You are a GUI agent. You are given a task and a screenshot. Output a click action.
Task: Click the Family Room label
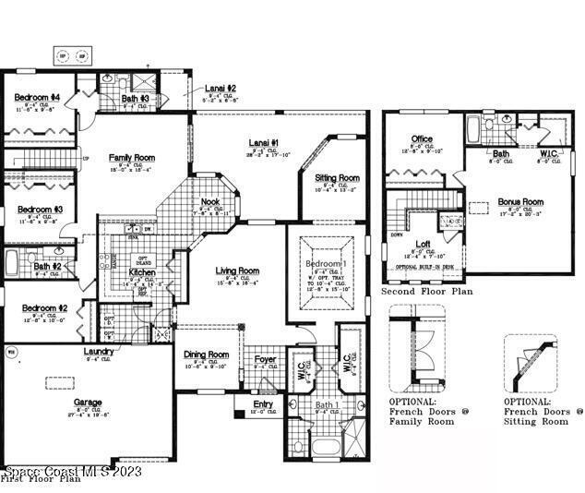tap(131, 158)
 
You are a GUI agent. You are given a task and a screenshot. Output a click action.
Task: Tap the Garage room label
tap(89, 403)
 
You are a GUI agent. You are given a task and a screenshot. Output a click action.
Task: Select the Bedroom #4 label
tap(37, 98)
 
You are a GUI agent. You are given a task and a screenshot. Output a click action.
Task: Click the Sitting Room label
tap(337, 177)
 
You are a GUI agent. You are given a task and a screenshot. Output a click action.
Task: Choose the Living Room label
tap(237, 271)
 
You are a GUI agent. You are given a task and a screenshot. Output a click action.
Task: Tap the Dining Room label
tap(205, 355)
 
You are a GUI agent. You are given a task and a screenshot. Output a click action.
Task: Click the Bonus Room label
tap(520, 201)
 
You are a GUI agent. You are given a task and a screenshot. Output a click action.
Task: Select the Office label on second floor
tap(422, 139)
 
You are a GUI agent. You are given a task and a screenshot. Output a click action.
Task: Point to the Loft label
tap(423, 244)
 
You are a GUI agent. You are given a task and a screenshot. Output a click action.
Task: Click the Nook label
tap(209, 202)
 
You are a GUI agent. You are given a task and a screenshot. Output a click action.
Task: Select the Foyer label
tap(266, 359)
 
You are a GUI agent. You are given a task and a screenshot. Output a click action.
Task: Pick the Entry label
tap(264, 403)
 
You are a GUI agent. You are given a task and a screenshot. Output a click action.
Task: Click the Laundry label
tap(98, 351)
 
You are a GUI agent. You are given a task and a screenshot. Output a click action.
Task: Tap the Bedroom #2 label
tap(44, 308)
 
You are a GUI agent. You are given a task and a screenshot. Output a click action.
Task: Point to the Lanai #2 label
tap(228, 88)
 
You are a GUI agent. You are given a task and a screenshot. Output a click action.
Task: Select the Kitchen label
tap(142, 272)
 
